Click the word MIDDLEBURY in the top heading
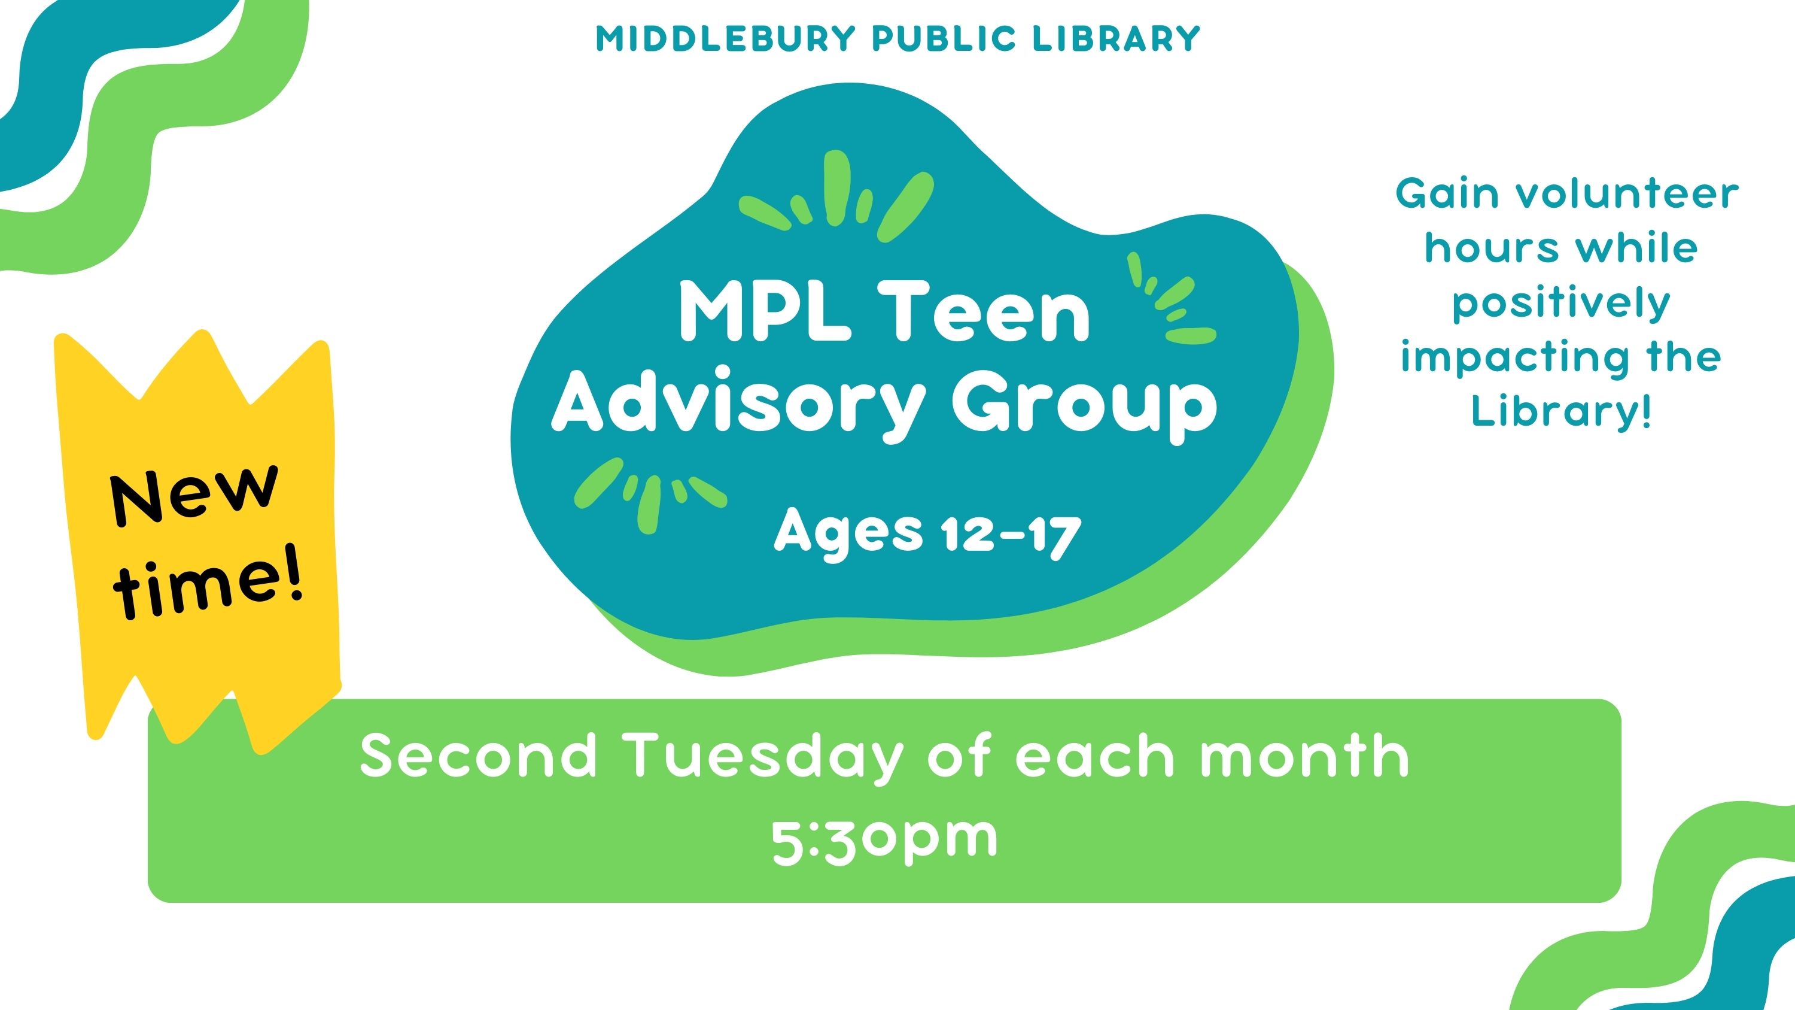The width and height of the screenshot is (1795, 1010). click(725, 39)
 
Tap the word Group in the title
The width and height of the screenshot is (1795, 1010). click(1084, 407)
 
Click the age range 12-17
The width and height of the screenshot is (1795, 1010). click(1011, 535)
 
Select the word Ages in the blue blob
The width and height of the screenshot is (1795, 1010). click(848, 534)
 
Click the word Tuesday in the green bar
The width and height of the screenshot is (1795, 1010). click(765, 756)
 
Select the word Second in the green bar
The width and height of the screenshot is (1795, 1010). click(479, 756)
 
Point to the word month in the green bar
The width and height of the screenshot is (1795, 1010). click(1304, 756)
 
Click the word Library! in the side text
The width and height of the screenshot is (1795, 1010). click(1561, 411)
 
